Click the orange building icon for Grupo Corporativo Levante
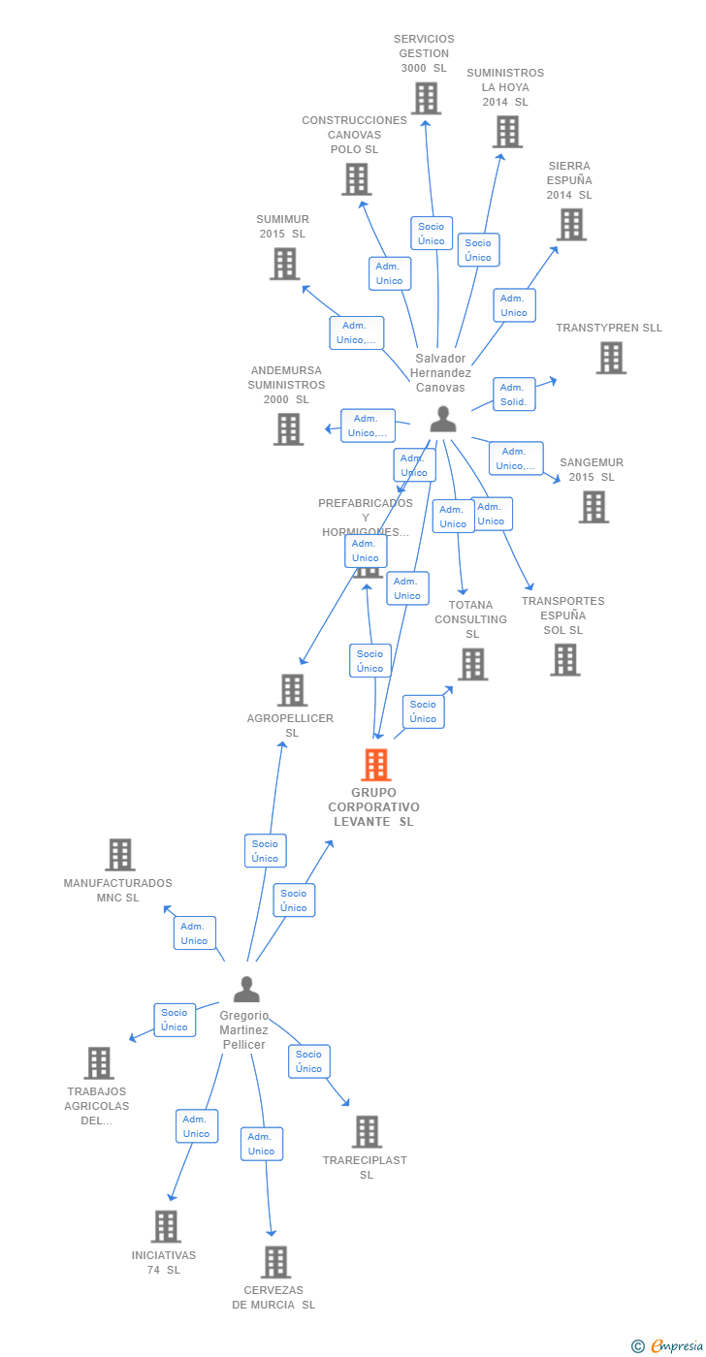(x=375, y=765)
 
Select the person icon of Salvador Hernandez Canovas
(x=443, y=419)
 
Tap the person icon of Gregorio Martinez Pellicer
(x=246, y=990)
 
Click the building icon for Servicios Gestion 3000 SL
(x=426, y=98)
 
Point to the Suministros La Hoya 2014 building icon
(x=506, y=132)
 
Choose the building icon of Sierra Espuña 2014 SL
(x=571, y=224)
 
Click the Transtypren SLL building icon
(x=610, y=358)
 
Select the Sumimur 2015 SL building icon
(x=284, y=264)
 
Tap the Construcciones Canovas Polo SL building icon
(x=356, y=179)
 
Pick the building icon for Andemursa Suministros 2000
(x=288, y=428)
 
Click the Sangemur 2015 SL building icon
(x=594, y=506)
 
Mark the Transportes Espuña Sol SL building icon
(x=564, y=659)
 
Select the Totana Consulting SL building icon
(x=472, y=664)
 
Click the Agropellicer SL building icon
(x=292, y=690)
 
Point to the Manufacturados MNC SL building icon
(x=120, y=855)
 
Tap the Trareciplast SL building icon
(x=367, y=1131)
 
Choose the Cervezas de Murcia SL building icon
(x=275, y=1262)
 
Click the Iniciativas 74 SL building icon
(x=166, y=1226)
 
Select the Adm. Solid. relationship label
(x=514, y=394)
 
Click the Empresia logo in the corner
(x=669, y=1344)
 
